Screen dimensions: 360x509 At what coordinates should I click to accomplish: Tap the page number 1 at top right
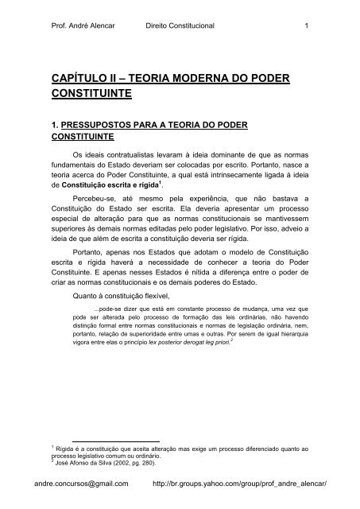[x=306, y=24]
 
